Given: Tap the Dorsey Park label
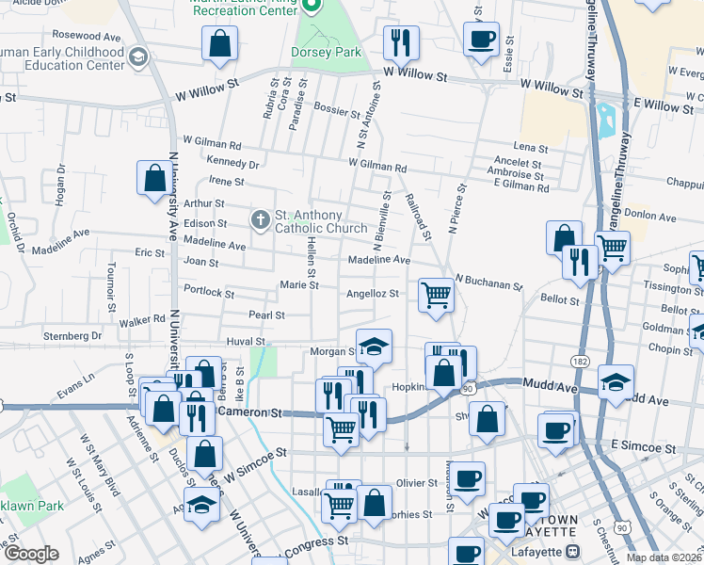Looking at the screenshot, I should pos(327,53).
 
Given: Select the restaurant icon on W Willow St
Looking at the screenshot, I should pos(402,41).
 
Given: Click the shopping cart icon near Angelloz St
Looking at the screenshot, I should pos(437,294).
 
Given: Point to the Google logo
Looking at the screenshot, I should pos(30,554).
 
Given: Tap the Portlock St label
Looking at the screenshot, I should pos(208,292).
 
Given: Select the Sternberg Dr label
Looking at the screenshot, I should pos(72,335).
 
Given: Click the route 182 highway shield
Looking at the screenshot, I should pos(580,361).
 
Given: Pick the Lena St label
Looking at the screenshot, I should pos(531,148).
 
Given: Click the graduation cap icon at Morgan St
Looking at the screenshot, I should pos(374,347).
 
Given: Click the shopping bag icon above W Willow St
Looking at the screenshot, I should pos(218,42).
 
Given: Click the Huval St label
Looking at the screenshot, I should pos(248,342).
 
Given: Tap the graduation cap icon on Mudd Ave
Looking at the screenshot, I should pos(616,381).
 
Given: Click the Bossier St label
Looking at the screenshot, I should pos(338,109).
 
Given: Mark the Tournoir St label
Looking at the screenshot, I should pos(111,286).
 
